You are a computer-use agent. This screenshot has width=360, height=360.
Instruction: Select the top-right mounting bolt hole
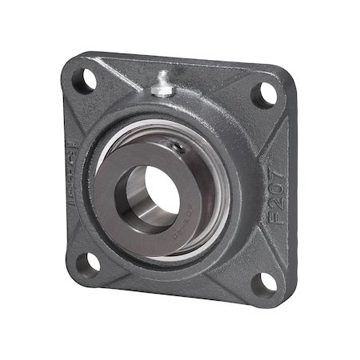pos(264,95)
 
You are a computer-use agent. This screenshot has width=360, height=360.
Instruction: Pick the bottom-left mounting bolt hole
pos(93,261)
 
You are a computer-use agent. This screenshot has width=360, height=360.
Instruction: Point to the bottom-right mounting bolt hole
pos(266,282)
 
